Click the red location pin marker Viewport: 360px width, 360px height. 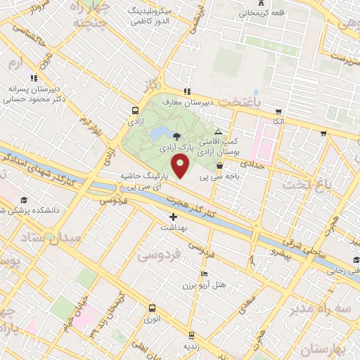181,168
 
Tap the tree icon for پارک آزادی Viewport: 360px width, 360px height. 176,136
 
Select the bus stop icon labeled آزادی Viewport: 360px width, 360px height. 135,110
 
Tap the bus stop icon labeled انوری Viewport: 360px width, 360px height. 152,308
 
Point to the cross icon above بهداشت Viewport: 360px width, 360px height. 173,217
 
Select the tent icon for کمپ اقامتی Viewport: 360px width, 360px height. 218,131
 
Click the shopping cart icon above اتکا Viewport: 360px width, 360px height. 279,111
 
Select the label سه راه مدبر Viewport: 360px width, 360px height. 326,309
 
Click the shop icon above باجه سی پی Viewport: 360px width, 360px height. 221,166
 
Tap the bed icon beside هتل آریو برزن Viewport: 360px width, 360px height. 205,273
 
